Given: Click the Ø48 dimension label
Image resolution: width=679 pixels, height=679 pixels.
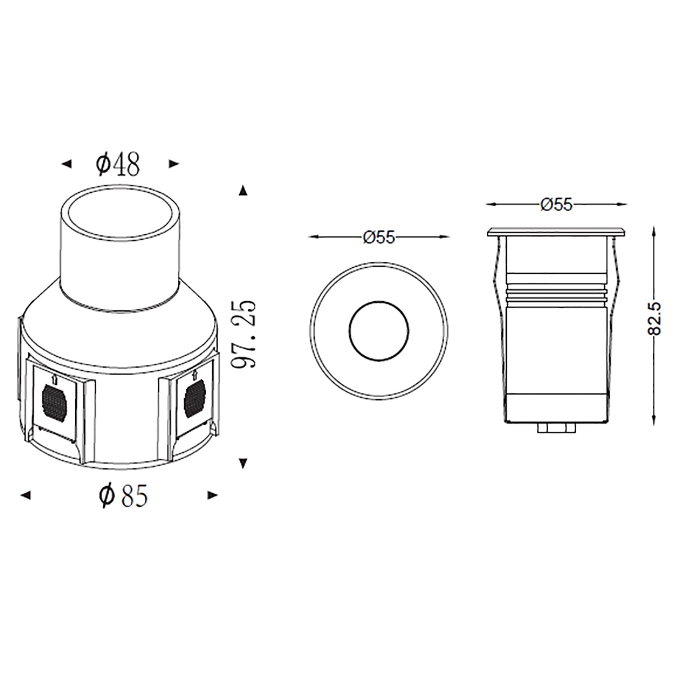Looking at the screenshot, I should (118, 164).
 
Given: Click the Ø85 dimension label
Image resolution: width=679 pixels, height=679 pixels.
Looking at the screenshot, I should (123, 496).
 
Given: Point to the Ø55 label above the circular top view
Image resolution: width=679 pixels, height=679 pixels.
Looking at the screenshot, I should (379, 238).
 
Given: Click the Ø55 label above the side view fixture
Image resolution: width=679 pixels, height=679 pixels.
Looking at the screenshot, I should (556, 205).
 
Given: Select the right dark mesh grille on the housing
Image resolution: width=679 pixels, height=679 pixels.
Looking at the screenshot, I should (194, 397).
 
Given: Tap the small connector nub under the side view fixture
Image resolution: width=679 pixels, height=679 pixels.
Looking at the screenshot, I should (556, 429).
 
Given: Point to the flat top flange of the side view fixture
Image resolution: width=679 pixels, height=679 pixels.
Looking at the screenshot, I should (556, 232).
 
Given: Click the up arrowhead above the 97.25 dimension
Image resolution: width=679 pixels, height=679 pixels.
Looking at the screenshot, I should (243, 191).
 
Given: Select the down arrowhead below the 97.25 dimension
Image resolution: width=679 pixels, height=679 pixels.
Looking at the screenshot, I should (243, 463).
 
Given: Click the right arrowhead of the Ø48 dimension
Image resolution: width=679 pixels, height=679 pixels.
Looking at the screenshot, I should (174, 164).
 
